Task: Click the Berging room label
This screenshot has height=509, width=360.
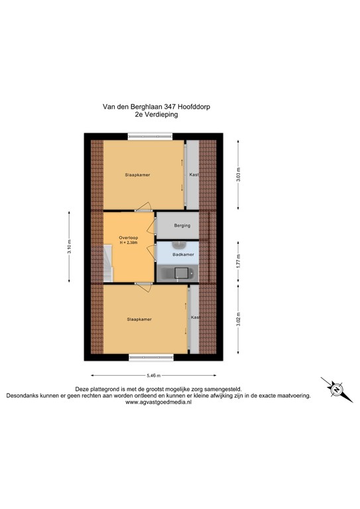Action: point(182,225)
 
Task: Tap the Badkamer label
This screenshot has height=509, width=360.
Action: point(183,254)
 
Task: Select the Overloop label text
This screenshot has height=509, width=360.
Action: point(129,237)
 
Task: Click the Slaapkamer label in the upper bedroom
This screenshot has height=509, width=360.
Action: point(137,175)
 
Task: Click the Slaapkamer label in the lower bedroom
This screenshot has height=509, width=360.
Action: point(139,319)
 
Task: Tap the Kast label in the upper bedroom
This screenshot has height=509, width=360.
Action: point(194,175)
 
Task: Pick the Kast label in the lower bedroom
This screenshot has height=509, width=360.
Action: point(195,317)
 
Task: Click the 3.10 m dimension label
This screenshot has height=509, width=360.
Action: point(69,247)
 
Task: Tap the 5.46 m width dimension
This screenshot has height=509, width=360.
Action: point(154,375)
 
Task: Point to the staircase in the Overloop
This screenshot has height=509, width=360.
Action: point(107,263)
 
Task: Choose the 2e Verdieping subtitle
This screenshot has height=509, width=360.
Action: point(156,114)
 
